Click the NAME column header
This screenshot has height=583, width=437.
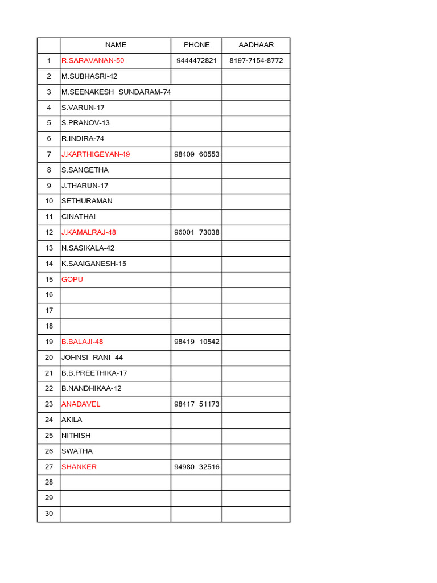coord(116,45)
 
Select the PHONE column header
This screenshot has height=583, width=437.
coord(196,45)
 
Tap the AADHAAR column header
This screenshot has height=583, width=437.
coord(256,45)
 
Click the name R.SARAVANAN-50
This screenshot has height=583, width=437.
coord(93,60)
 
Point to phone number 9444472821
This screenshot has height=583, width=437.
coord(196,60)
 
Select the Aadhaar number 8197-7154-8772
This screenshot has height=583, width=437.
coord(256,60)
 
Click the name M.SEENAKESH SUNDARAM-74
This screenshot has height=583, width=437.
coord(116,92)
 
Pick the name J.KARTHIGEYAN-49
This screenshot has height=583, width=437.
coord(96,154)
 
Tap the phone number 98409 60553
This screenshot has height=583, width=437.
coord(197,154)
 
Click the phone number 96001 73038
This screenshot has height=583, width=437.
coord(197,232)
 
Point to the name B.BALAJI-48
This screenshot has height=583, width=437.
coord(83,342)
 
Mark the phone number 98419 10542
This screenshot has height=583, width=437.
coord(197,342)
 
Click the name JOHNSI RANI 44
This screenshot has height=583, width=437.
coord(92,358)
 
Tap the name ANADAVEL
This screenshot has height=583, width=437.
coord(81,404)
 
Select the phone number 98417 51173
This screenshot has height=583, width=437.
coord(197,404)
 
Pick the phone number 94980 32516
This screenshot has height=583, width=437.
coord(197,467)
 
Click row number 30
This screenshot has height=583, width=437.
coord(48,514)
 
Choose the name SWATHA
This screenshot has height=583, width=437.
coord(77,451)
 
